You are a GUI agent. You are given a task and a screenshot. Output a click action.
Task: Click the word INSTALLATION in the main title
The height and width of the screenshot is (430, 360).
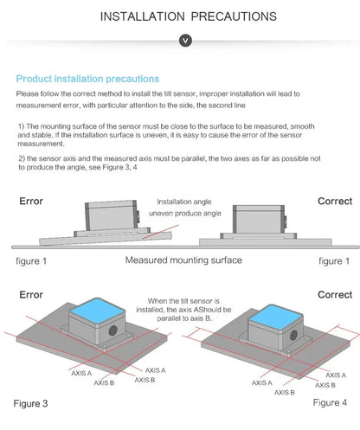[x=142, y=16]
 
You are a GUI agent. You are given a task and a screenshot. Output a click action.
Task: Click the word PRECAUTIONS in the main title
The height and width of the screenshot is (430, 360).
[x=234, y=16]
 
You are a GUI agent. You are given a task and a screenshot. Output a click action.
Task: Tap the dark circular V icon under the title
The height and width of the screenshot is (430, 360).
[x=185, y=41]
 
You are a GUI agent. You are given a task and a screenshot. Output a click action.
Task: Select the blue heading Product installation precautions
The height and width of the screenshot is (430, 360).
[x=87, y=79]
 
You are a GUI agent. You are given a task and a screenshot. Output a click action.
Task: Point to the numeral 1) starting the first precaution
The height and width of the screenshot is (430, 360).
[x=22, y=126]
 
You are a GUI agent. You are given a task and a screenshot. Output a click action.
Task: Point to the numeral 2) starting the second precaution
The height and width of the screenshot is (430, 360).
[x=22, y=158]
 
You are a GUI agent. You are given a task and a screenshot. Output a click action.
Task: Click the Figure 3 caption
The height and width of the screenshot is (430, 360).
[x=30, y=403]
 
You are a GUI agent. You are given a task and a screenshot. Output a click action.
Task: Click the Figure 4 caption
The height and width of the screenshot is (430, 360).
[x=330, y=402]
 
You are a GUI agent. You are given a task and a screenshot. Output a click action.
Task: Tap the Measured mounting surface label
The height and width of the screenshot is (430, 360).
[x=183, y=260]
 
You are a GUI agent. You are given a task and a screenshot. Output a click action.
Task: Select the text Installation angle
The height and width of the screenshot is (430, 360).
[x=184, y=202]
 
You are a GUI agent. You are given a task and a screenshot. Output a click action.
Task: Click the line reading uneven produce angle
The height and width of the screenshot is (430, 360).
[x=185, y=214]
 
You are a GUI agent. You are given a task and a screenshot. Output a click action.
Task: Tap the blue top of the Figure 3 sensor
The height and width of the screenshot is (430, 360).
[x=98, y=311]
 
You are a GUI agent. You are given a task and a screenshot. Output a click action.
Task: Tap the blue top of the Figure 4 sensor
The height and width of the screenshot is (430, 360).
[x=276, y=317]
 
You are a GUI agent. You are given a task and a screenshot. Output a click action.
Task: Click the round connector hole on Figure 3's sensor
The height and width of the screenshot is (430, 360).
[x=112, y=331]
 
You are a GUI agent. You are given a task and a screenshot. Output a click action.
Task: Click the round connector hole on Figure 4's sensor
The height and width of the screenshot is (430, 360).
[x=293, y=335]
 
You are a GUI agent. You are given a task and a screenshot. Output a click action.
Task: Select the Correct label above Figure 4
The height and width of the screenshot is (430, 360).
[x=335, y=295]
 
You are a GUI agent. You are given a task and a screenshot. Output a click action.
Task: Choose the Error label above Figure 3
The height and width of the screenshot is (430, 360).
[x=31, y=295]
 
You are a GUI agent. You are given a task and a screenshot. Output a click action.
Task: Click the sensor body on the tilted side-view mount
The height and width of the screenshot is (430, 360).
[x=112, y=215]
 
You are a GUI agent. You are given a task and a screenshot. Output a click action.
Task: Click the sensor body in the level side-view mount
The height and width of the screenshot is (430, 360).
[x=259, y=220]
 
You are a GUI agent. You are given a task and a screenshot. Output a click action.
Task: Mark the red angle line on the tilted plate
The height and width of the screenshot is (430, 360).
[x=161, y=232]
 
